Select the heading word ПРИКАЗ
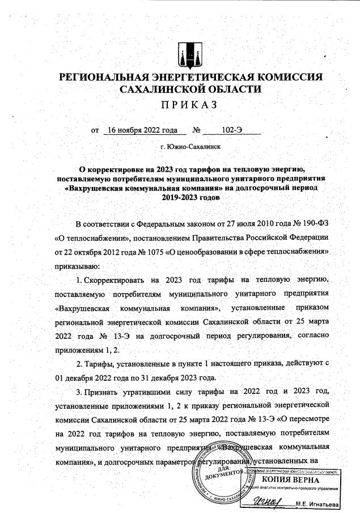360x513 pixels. (x=180, y=105)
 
